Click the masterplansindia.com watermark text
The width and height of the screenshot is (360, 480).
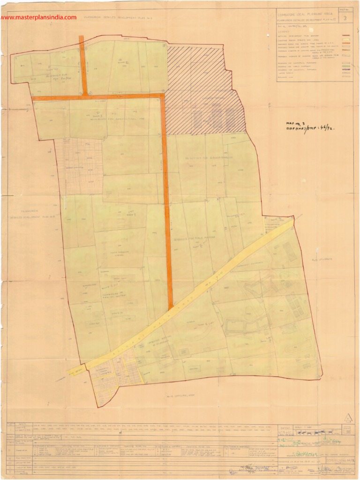[38, 17]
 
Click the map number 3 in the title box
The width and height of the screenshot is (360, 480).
[345, 19]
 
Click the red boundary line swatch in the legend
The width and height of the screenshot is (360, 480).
[347, 35]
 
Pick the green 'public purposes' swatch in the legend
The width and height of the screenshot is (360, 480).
[347, 66]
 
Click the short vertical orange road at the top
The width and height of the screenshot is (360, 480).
[83, 66]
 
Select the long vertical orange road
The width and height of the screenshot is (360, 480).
[166, 202]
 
